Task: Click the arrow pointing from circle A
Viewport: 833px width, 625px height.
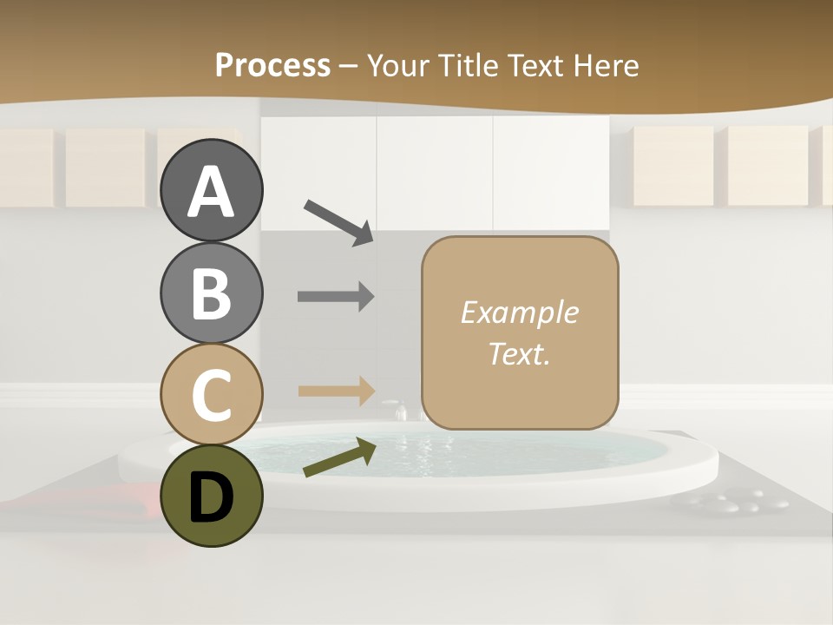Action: click(x=338, y=221)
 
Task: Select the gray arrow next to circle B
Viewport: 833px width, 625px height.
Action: click(x=336, y=297)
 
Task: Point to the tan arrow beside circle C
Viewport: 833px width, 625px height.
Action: click(x=336, y=391)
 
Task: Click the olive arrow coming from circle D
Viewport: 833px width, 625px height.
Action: click(x=339, y=457)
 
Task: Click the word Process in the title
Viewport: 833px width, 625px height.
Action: click(x=272, y=65)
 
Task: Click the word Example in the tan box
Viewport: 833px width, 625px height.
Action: click(x=519, y=312)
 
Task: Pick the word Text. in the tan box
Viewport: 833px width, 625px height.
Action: click(x=519, y=354)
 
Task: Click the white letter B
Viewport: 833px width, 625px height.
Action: click(x=211, y=293)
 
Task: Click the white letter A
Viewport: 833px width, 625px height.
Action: click(x=211, y=192)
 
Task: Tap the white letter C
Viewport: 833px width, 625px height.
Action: click(x=211, y=395)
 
